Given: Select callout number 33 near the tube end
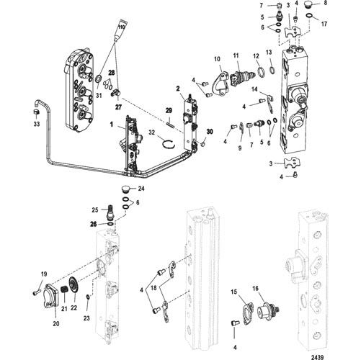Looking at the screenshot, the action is click(x=37, y=124).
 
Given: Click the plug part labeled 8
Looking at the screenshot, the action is click(x=308, y=4).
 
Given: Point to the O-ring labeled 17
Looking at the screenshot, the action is click(x=309, y=15).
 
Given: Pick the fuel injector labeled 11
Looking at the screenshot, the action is click(x=242, y=77).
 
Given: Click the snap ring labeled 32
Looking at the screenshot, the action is click(x=168, y=144).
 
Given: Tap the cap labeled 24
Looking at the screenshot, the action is click(x=125, y=189).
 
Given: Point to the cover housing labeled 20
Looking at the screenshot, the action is click(x=50, y=296).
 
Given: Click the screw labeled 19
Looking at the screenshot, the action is click(x=35, y=293).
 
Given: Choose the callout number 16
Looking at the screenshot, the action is click(x=255, y=288).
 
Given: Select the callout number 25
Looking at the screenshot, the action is click(x=95, y=210).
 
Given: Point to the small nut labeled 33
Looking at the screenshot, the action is click(x=36, y=112).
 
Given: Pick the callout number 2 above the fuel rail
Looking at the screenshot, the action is click(x=178, y=89).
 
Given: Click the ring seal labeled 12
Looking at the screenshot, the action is click(x=262, y=73).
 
